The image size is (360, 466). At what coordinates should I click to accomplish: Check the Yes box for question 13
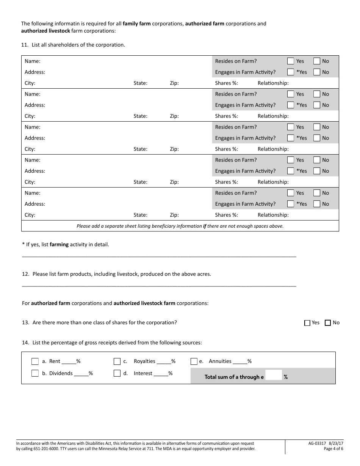point(307,323)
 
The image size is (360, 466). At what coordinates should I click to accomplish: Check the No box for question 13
point(328,323)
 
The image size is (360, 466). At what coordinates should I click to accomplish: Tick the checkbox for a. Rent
point(35,361)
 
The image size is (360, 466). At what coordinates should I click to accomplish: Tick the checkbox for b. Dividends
point(35,373)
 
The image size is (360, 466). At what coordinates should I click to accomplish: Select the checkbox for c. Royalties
point(117,361)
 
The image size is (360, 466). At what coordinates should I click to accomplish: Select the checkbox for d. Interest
point(117,373)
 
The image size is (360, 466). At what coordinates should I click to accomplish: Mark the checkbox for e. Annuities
point(194,361)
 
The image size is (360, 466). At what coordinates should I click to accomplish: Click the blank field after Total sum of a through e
point(274,376)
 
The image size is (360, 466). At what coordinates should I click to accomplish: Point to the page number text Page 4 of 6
point(333,449)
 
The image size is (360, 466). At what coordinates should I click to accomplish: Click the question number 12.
point(25,274)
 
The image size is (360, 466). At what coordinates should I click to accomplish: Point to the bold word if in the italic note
point(205,226)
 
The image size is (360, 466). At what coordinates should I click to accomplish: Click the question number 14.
point(25,342)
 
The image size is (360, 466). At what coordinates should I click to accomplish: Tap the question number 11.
point(25,45)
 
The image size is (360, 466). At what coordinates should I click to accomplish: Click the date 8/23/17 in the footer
point(336,443)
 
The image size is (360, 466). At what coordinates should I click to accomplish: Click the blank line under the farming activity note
point(159,256)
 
